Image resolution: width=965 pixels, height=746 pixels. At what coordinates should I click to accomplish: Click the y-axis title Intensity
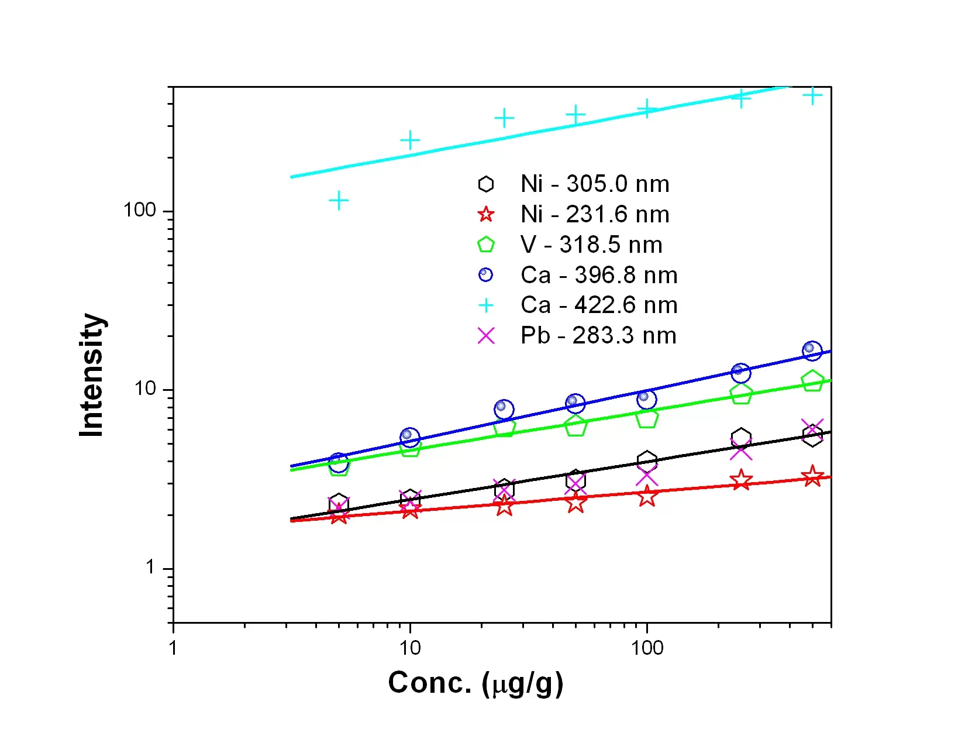pyautogui.click(x=92, y=375)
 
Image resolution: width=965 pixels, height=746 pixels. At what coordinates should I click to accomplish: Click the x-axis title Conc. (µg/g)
pyautogui.click(x=475, y=683)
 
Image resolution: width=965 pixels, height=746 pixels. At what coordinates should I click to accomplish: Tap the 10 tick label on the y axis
pyautogui.click(x=146, y=389)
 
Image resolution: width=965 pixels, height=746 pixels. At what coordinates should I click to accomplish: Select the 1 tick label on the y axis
pyautogui.click(x=151, y=567)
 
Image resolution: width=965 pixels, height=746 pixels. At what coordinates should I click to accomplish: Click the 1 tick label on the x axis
pyautogui.click(x=173, y=648)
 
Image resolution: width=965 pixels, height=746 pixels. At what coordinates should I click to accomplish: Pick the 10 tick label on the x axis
pyautogui.click(x=410, y=648)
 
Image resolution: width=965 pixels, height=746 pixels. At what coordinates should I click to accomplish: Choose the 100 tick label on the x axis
pyautogui.click(x=647, y=648)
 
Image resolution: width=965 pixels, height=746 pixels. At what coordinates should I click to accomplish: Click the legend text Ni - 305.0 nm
pyautogui.click(x=595, y=184)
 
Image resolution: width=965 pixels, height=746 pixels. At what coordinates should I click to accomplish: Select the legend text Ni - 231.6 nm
pyautogui.click(x=595, y=215)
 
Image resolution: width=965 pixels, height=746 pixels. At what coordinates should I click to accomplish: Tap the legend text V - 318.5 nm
pyautogui.click(x=591, y=245)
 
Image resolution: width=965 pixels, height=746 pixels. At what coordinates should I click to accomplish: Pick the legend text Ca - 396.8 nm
pyautogui.click(x=599, y=276)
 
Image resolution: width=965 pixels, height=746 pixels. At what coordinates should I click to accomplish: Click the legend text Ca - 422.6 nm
pyautogui.click(x=599, y=305)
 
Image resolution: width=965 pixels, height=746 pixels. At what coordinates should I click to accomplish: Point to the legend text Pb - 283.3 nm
pyautogui.click(x=598, y=336)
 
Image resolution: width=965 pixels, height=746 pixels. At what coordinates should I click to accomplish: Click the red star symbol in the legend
pyautogui.click(x=486, y=215)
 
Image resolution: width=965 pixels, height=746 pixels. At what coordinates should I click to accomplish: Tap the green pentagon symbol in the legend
pyautogui.click(x=486, y=245)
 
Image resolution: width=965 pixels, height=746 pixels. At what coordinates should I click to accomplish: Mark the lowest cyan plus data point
pyautogui.click(x=339, y=201)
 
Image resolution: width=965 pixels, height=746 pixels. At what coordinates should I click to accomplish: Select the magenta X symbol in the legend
pyautogui.click(x=486, y=336)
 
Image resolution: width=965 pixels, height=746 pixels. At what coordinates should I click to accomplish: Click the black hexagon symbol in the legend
pyautogui.click(x=486, y=184)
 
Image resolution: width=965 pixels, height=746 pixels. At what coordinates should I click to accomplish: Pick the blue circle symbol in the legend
pyautogui.click(x=486, y=275)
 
